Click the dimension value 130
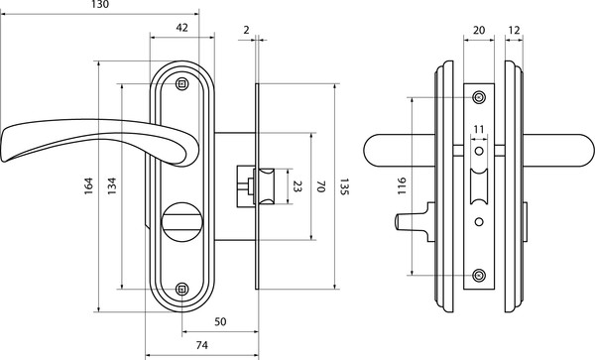pos(100,5)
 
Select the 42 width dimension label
pos(182,28)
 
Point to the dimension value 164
pos(88,186)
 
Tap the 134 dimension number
pos(112,186)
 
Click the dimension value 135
pos(343,186)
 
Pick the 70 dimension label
pos(321,186)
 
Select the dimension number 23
pos(297,186)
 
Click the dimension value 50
pos(220,321)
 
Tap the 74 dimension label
pos(202,345)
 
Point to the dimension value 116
pos(402,186)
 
